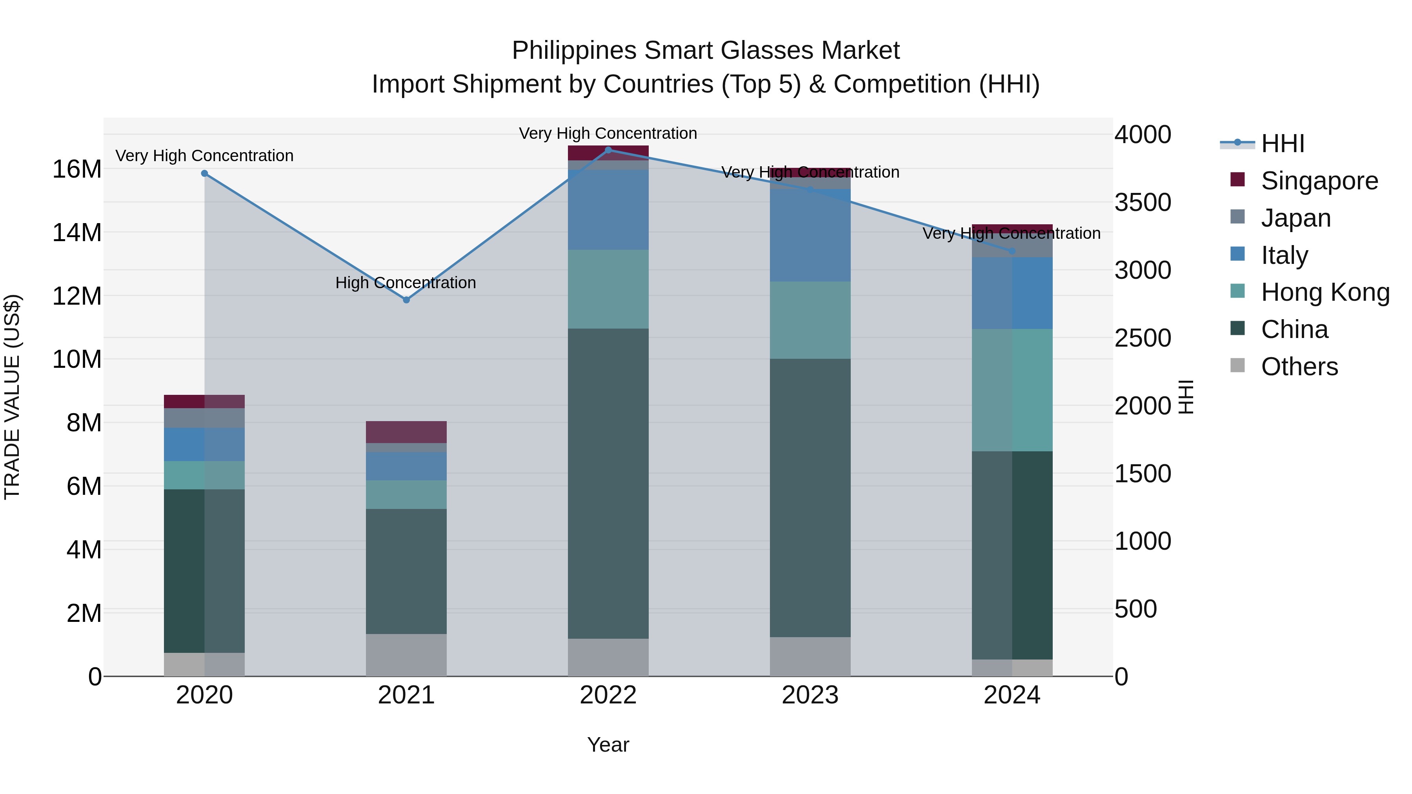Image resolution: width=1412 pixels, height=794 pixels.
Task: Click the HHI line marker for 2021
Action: point(406,300)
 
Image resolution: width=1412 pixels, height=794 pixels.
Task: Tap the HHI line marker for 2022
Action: point(608,150)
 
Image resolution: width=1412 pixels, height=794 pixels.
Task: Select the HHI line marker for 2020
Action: point(204,173)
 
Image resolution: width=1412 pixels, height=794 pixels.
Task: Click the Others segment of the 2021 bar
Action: point(406,655)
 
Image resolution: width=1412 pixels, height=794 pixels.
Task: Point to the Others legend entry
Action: point(1299,367)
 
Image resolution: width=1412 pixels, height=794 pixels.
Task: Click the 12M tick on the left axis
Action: point(77,296)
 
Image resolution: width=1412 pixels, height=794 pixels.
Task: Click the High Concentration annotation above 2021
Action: point(406,283)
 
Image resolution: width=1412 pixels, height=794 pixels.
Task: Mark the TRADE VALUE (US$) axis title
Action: point(12,397)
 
